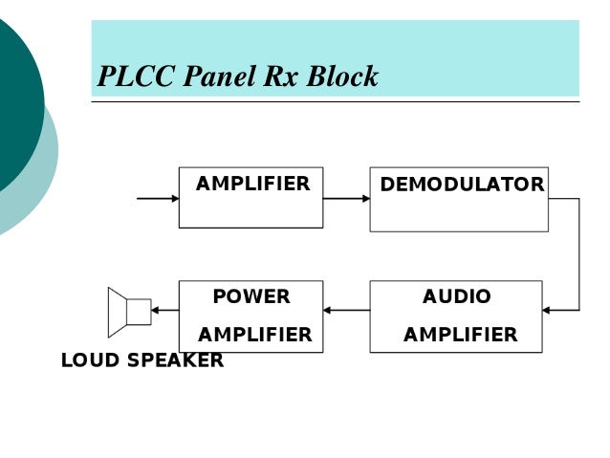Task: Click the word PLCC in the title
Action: click(136, 76)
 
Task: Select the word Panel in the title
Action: click(220, 76)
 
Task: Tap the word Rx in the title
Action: click(280, 76)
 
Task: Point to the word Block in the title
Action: click(342, 76)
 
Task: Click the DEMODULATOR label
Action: click(462, 185)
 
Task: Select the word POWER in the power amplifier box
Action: click(251, 296)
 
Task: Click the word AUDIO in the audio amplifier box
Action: click(457, 296)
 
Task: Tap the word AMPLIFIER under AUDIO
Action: click(461, 335)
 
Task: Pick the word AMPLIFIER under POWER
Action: click(255, 335)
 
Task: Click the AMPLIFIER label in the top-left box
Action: click(252, 184)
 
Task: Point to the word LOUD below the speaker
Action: click(90, 360)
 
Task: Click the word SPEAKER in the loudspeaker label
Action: click(176, 360)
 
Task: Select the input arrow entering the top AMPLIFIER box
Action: click(158, 199)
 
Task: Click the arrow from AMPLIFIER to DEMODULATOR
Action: click(346, 199)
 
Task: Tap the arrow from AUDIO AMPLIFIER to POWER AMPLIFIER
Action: click(346, 310)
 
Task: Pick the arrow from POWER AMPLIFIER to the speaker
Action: click(165, 310)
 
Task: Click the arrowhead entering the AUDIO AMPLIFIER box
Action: click(546, 310)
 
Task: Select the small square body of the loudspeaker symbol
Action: click(139, 312)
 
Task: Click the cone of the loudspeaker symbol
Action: click(118, 313)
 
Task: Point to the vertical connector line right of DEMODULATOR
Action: click(579, 254)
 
